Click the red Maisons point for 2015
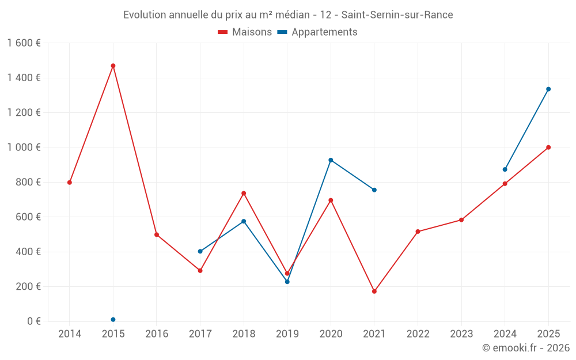point(113,66)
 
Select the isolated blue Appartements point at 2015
point(113,320)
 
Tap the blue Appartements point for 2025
point(548,89)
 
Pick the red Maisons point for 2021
point(374,291)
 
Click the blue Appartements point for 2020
point(331,160)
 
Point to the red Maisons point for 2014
point(70,183)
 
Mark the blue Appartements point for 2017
point(200,251)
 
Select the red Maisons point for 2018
point(244,194)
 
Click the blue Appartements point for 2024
point(505,169)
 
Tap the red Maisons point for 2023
point(461,220)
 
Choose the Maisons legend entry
point(245,32)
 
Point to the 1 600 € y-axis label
point(24,43)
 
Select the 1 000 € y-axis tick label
point(24,147)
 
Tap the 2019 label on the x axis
point(287,334)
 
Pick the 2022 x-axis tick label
point(418,334)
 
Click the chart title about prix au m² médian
point(288,15)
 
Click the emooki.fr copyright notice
point(526,348)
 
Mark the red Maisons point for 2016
point(157,235)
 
